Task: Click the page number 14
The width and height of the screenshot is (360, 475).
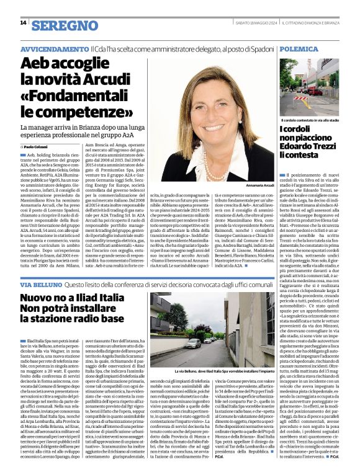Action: pyautogui.click(x=23, y=23)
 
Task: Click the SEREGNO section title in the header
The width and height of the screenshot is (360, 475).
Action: pyautogui.click(x=58, y=25)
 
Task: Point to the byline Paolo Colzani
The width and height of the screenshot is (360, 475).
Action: pyautogui.click(x=43, y=146)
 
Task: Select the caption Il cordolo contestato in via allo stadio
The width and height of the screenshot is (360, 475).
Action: pyautogui.click(x=310, y=120)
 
